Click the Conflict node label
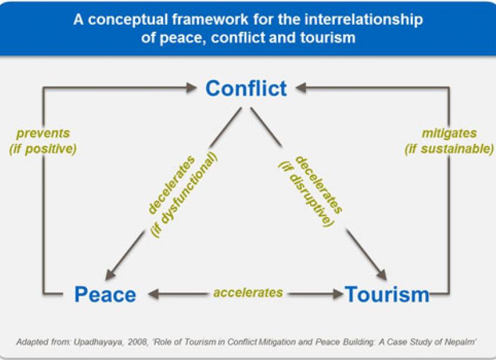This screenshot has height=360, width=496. (x=246, y=89)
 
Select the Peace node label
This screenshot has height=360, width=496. (x=105, y=294)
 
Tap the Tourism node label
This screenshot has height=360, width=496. (x=387, y=294)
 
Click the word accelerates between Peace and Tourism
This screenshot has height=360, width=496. (x=248, y=293)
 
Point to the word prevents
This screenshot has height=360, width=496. (x=43, y=133)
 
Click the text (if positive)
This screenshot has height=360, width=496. (x=43, y=148)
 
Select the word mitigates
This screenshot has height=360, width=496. (x=449, y=133)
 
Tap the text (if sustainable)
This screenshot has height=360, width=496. (x=449, y=148)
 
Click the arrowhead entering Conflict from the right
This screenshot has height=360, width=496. (x=300, y=88)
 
